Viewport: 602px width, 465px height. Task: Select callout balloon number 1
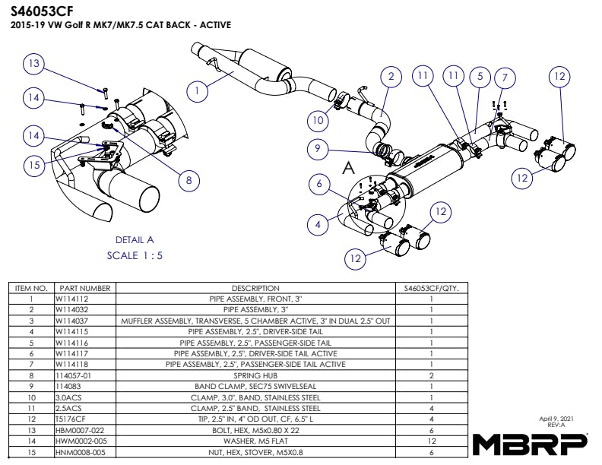(x=197, y=91)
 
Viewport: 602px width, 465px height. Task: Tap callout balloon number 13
(x=33, y=65)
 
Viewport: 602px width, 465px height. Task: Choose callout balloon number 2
(x=391, y=77)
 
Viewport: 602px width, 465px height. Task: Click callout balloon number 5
(x=480, y=76)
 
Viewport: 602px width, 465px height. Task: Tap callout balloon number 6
(x=320, y=184)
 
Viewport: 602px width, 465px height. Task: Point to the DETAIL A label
(x=135, y=239)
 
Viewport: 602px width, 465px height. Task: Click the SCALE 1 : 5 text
(x=135, y=255)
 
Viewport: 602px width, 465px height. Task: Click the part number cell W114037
(x=71, y=321)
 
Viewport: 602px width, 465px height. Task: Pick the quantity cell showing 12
(x=431, y=440)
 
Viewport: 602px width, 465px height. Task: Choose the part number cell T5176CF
(x=71, y=419)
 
